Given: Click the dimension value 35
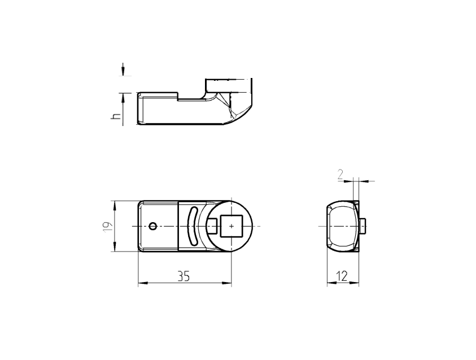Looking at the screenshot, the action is point(184,276).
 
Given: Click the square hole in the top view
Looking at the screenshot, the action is point(231,226).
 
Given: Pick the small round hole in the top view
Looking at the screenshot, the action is point(153,226).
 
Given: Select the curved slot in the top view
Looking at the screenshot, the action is point(192,226).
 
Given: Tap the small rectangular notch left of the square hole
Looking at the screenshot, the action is point(213,226).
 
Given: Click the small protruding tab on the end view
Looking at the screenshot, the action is point(364,226).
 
